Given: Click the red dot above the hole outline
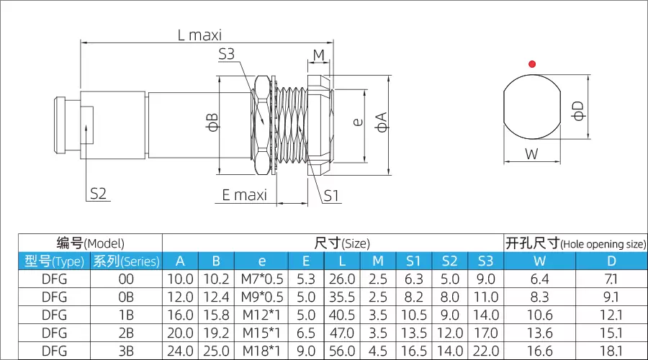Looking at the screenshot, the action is tap(532, 64).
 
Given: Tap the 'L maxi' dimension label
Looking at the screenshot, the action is tap(199, 35).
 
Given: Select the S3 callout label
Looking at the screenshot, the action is tap(227, 54).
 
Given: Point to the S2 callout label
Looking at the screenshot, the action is tap(99, 194).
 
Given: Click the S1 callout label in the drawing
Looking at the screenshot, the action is tap(331, 196).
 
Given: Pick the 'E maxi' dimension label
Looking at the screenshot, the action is tap(245, 195).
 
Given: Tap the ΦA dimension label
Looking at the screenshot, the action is tap(381, 122).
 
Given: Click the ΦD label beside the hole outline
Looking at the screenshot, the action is tap(578, 111).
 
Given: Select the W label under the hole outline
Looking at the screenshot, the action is tap(531, 154).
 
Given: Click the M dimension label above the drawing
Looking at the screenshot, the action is tap(319, 55).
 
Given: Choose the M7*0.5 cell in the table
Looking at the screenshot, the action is tap(262, 279).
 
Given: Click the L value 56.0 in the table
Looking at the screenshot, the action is tap(342, 351).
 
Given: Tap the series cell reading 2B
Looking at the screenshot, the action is tap(126, 333).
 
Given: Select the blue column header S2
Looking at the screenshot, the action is tap(449, 261).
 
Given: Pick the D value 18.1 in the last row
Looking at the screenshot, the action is tap(611, 351).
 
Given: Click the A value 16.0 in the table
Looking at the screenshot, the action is tap(180, 315).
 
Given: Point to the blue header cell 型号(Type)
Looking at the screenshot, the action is tap(54, 261).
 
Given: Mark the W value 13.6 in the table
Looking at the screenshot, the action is tap(540, 333).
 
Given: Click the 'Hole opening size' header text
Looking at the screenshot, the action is tap(603, 244).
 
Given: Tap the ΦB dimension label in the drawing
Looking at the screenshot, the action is tap(212, 122).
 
